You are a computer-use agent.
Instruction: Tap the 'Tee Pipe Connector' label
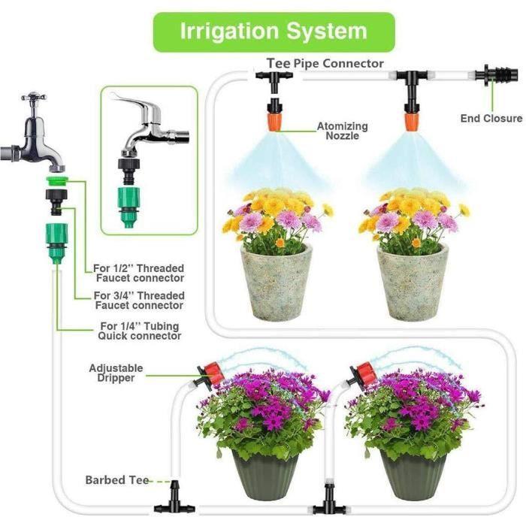pyautogui.click(x=325, y=64)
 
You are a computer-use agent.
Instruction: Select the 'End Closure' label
pyautogui.click(x=491, y=118)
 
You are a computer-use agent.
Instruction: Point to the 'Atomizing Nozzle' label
pyautogui.click(x=342, y=131)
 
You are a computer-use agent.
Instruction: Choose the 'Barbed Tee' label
pyautogui.click(x=116, y=479)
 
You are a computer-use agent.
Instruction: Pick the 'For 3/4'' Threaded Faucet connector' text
pyautogui.click(x=138, y=301)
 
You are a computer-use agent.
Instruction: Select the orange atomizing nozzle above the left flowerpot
pyautogui.click(x=273, y=119)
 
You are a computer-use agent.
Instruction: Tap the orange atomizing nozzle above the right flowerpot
pyautogui.click(x=411, y=119)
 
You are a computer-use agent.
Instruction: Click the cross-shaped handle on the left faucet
pyautogui.click(x=34, y=99)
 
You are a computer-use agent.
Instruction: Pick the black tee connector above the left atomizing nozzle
pyautogui.click(x=272, y=78)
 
